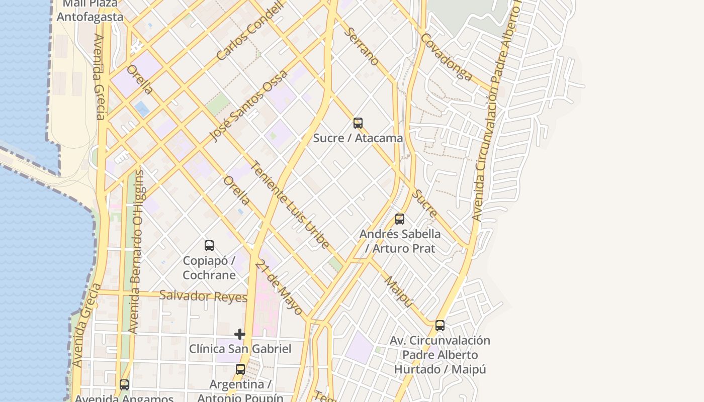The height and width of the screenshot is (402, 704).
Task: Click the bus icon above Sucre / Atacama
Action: [358, 123]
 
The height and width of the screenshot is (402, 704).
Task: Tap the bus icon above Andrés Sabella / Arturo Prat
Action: [400, 219]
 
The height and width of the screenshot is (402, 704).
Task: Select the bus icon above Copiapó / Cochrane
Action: [209, 246]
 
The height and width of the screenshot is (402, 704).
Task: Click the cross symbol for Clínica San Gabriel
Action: [240, 334]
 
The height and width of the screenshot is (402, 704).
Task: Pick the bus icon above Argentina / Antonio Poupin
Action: [240, 369]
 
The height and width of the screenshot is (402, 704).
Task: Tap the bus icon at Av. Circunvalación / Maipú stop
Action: [440, 325]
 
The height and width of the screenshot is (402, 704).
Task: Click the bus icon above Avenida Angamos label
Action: [124, 385]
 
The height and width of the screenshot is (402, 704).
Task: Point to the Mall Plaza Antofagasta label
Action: [90, 11]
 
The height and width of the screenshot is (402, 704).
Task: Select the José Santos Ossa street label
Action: [248, 106]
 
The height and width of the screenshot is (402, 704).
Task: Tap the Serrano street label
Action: [362, 46]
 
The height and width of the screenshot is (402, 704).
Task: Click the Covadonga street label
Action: [447, 57]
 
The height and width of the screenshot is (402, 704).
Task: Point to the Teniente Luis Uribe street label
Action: [290, 205]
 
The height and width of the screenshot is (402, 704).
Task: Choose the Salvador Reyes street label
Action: [203, 296]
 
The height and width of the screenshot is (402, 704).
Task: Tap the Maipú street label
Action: [399, 291]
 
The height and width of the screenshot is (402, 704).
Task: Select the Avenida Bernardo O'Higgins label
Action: [136, 251]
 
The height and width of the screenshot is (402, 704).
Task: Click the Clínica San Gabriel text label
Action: [240, 348]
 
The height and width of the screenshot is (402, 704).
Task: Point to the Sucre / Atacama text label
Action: [358, 138]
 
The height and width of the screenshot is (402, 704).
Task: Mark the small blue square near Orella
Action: [142, 109]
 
